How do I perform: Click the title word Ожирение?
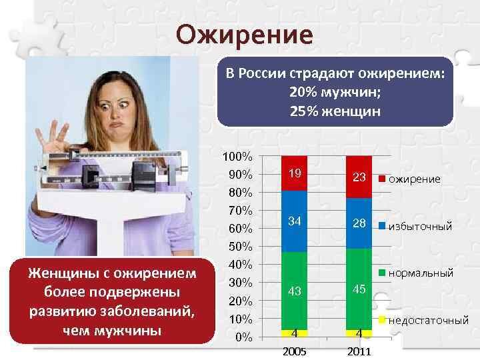point(244,35)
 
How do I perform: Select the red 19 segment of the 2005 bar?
point(294,173)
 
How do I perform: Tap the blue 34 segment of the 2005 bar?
point(294,221)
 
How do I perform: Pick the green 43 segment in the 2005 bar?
point(294,291)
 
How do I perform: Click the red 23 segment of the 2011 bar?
point(359,177)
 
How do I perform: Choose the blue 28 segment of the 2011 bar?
point(359,223)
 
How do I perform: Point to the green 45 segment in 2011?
point(359,289)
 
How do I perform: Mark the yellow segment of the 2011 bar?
point(359,334)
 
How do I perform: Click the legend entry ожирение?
point(409,179)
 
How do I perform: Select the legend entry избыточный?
point(415,227)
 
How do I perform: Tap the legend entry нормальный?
point(416,273)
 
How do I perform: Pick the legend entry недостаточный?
point(424,321)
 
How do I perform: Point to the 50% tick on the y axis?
point(241,247)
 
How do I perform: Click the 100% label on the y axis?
point(237,157)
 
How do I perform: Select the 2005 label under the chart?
point(294,351)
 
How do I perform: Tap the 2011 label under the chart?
point(359,351)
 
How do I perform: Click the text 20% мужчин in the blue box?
point(335,92)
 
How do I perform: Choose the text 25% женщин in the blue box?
point(335,111)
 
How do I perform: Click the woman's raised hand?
point(53,138)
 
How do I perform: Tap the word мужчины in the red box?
point(112,331)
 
